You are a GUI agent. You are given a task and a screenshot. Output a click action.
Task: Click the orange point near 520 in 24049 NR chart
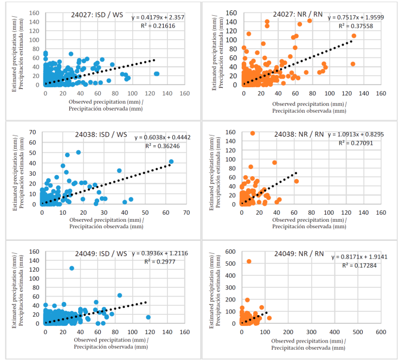coord(249,261)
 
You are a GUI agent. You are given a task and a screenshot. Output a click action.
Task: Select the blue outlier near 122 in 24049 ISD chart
coord(72,268)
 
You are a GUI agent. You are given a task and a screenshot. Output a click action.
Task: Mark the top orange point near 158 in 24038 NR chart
coord(252,133)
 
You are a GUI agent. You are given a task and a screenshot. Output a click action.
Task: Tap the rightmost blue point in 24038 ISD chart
coord(171,162)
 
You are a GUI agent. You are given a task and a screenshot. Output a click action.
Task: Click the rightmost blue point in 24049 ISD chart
coord(148,317)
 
